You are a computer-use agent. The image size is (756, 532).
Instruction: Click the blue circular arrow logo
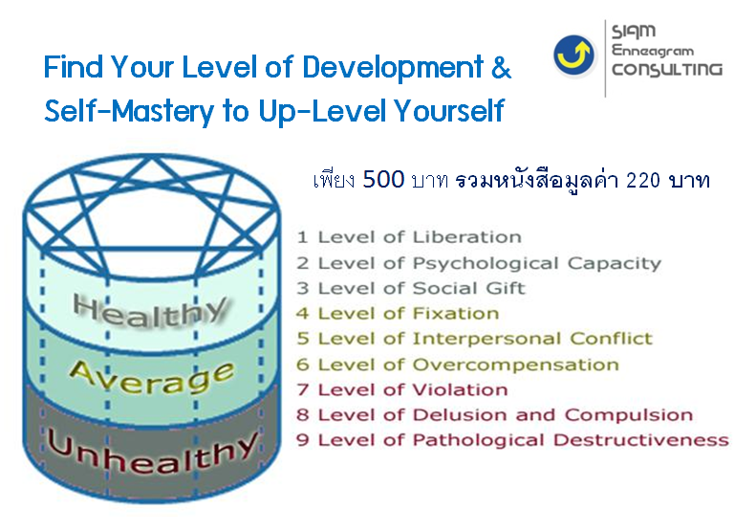point(573,55)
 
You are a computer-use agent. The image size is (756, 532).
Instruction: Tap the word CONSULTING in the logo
point(667,70)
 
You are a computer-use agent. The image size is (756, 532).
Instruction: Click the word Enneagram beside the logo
point(653,51)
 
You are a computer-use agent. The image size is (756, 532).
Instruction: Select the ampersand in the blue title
point(502,68)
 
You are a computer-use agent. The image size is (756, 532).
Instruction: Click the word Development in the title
point(393,67)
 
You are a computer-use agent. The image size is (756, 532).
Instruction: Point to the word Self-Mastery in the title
point(129,111)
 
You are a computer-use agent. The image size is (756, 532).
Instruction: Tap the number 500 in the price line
point(383,180)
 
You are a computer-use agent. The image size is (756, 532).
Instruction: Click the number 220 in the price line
point(642,181)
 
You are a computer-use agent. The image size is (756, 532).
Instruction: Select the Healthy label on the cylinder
point(150,311)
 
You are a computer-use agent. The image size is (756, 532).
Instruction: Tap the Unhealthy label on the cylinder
point(152,452)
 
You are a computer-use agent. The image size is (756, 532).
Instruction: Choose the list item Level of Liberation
point(420,237)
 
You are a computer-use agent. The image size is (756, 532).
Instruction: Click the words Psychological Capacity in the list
point(537,263)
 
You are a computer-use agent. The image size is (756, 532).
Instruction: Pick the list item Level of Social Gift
point(421,288)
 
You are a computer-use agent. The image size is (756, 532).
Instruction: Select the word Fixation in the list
point(456,314)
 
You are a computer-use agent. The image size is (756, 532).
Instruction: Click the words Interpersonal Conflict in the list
point(532,339)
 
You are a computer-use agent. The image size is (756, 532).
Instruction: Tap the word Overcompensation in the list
point(516,365)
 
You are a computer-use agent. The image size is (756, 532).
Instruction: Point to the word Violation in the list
point(461,389)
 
